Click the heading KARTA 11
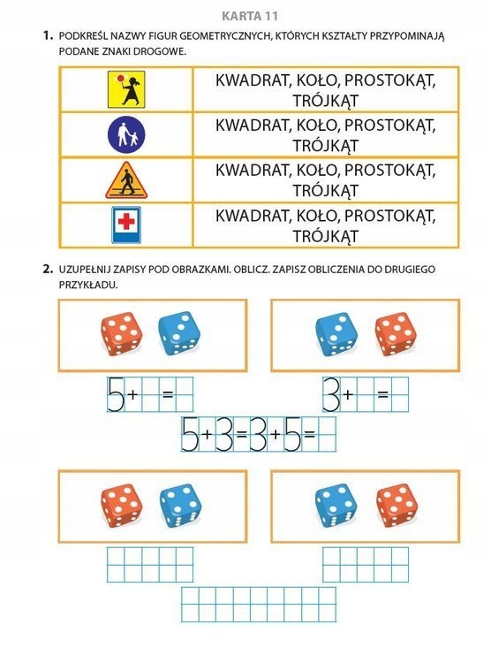coord(245,14)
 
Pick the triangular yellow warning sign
coord(125,180)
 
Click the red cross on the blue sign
coord(125,221)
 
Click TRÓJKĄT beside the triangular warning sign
coord(325,190)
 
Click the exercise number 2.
coord(48,268)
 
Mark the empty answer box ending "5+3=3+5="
coord(327,435)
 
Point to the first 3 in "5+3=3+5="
coord(223,435)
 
